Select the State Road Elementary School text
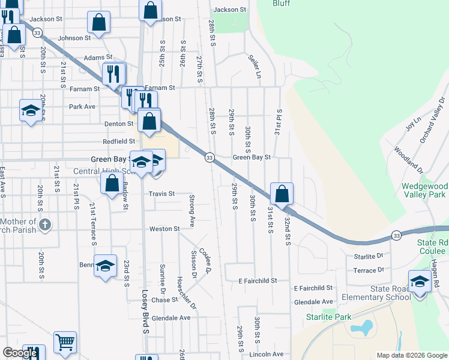(x=382, y=293)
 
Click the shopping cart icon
(x=65, y=343)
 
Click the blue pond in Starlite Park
(x=361, y=328)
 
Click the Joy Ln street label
(x=411, y=124)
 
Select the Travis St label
(x=162, y=194)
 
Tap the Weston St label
(x=164, y=229)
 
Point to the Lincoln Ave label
(x=270, y=355)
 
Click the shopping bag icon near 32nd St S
(x=282, y=194)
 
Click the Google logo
(x=20, y=353)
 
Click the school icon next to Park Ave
(x=31, y=110)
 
